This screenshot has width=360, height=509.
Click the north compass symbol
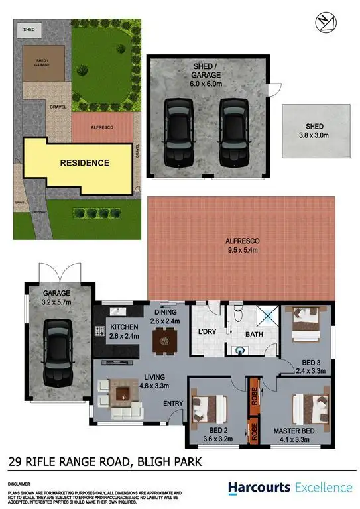(x=322, y=22)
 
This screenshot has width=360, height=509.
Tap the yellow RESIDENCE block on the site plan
(x=84, y=162)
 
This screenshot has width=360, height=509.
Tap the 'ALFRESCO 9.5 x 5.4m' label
(x=242, y=246)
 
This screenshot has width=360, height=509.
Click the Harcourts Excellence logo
(x=290, y=487)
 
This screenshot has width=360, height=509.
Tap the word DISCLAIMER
(x=18, y=483)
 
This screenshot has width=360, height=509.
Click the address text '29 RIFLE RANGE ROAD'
(x=64, y=460)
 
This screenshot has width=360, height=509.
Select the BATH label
(x=254, y=335)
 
